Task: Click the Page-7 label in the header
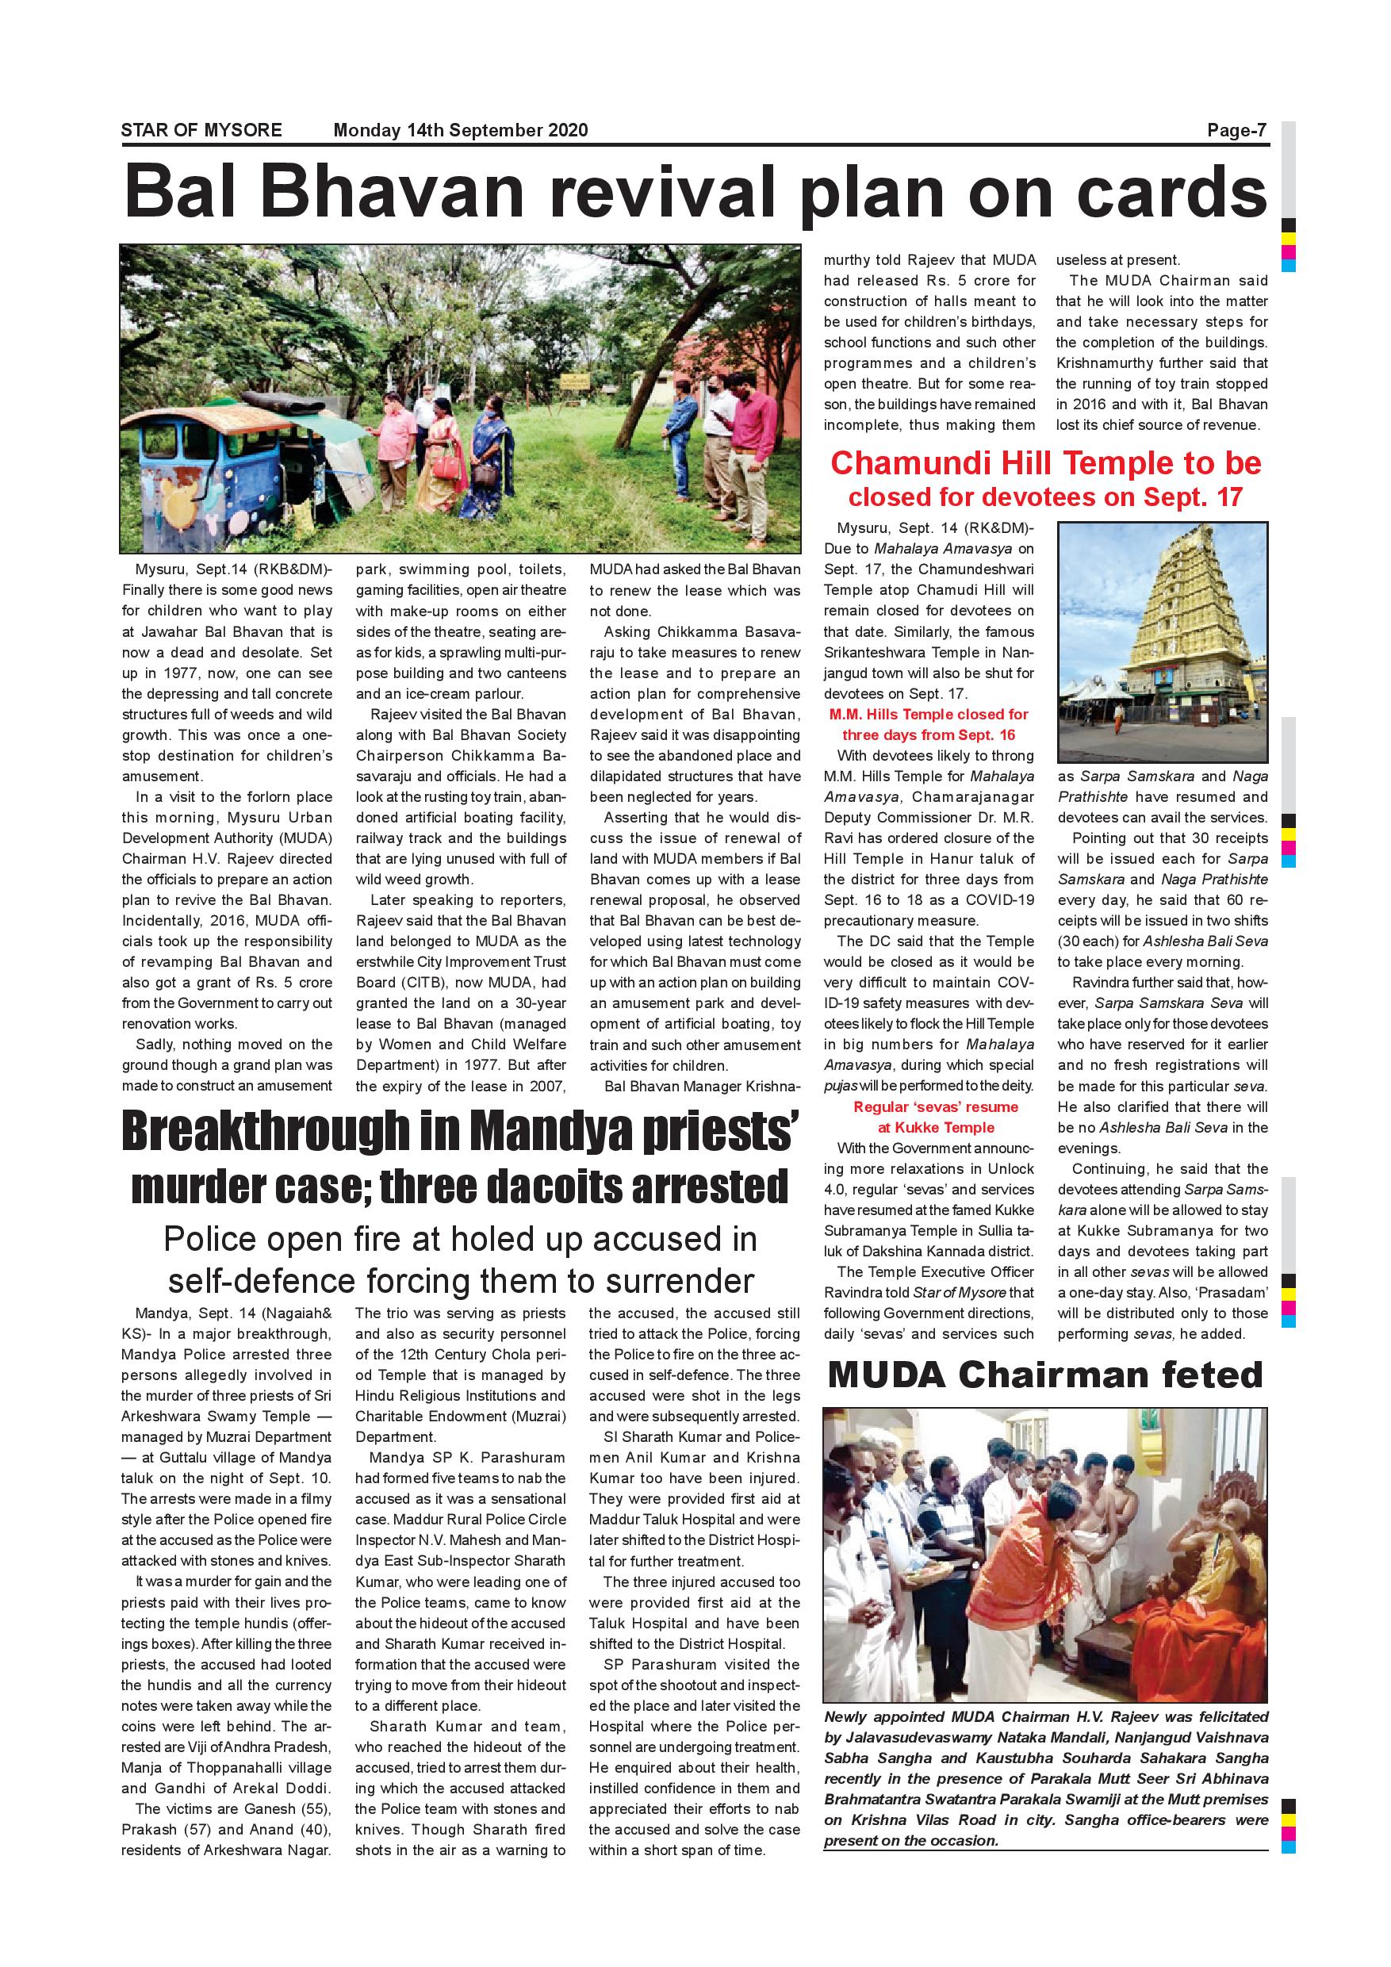1236,130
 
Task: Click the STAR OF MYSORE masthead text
201,130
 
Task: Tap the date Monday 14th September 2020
460,130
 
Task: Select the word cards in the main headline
1171,192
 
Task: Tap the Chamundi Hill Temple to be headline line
1045,463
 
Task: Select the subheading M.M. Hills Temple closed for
929,715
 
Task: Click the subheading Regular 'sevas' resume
935,1107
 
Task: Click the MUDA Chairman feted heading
1045,1375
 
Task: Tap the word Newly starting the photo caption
849,1717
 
